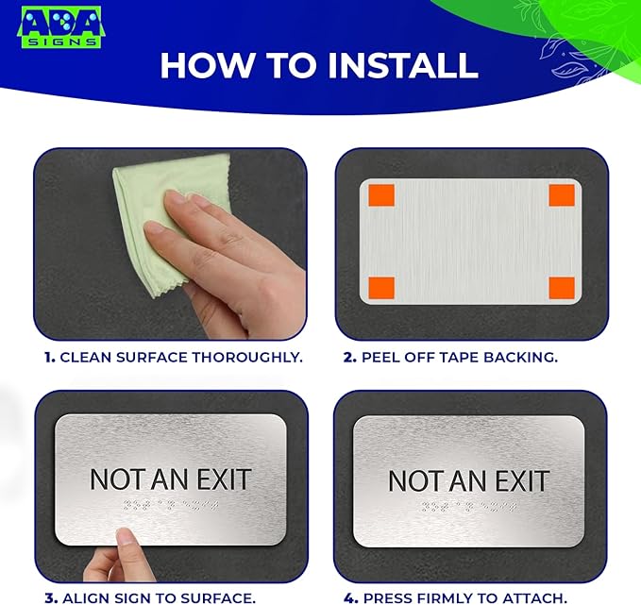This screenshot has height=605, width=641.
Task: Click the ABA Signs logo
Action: click(61, 27)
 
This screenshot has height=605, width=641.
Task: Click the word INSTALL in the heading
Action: click(402, 65)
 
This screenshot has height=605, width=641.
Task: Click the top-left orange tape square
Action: click(381, 195)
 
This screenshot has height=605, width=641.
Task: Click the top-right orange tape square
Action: click(562, 195)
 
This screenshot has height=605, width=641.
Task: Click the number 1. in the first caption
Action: click(49, 358)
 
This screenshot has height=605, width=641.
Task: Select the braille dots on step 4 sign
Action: click(468, 508)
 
